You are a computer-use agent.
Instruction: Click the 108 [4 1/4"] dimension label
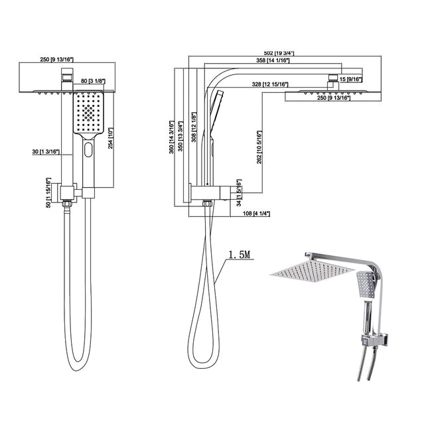point(254,213)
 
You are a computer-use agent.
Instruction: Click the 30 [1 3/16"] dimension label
point(42,152)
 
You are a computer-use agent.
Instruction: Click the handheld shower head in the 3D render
point(365,284)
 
